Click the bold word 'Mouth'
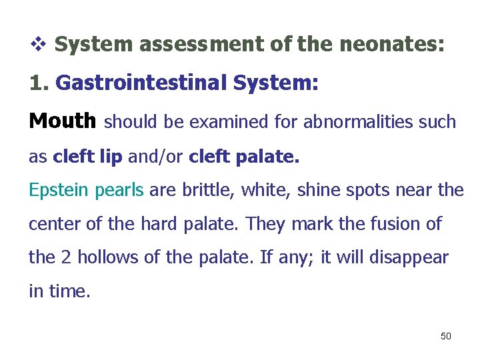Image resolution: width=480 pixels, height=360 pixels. (x=63, y=121)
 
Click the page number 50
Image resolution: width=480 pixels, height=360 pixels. (x=446, y=335)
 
